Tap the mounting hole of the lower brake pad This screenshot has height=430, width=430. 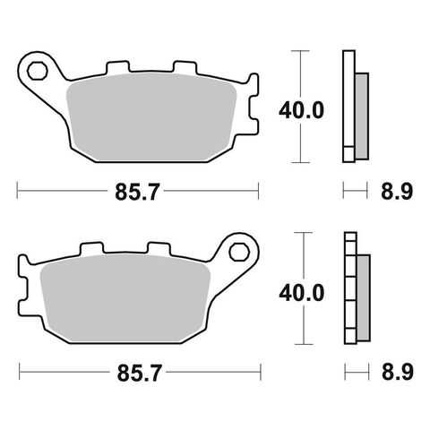(x=239, y=249)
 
